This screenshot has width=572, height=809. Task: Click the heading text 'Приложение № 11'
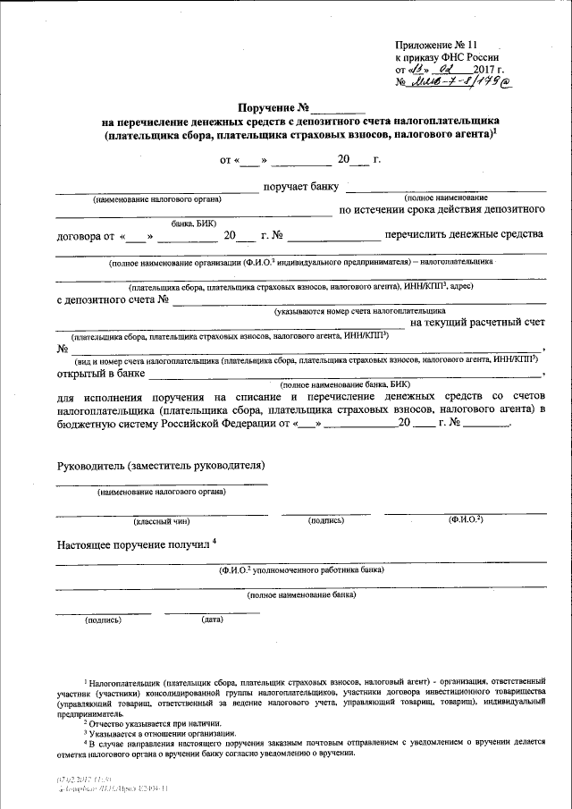[x=436, y=44]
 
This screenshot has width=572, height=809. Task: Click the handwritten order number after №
[x=457, y=84]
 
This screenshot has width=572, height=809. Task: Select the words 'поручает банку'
[x=300, y=188]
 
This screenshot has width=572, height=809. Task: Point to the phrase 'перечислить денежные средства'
[x=464, y=235]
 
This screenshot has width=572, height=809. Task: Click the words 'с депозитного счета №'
[x=113, y=299]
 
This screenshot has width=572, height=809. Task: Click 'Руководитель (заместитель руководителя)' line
[x=160, y=466]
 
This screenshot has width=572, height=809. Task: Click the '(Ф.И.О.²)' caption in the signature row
[x=466, y=519]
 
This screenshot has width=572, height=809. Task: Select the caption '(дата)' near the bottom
[x=212, y=619]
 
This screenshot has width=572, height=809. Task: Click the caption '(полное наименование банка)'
[x=301, y=594]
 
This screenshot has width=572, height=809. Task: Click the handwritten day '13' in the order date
[x=416, y=69]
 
